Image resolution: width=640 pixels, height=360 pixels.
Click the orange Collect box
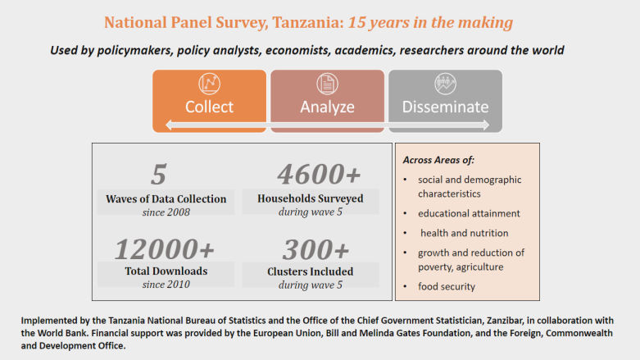[x=209, y=101]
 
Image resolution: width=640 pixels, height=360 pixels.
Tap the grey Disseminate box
[x=444, y=101]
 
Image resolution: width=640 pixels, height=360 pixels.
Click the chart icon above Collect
[x=209, y=84]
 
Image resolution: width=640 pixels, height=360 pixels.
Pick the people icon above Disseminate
[x=444, y=84]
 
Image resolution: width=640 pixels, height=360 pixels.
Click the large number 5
[x=158, y=174]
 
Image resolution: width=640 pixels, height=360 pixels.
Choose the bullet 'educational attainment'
[x=470, y=213]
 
